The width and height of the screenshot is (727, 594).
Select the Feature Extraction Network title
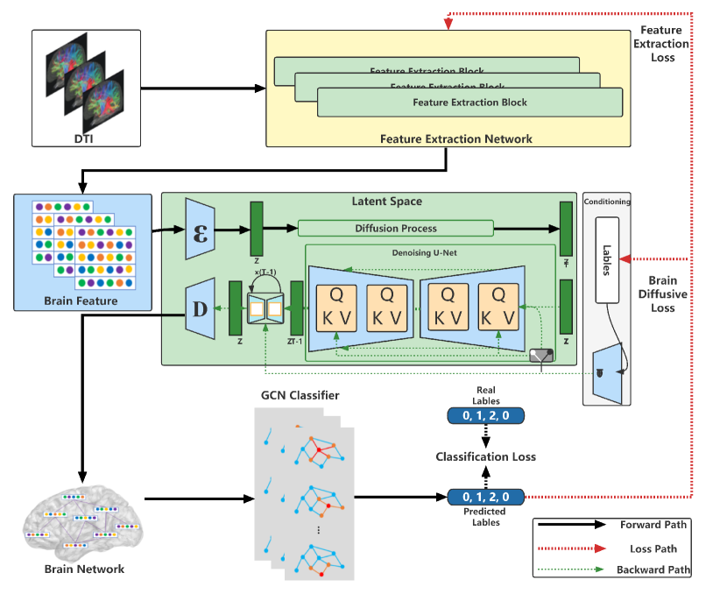(x=456, y=138)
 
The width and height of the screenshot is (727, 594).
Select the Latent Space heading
(x=385, y=202)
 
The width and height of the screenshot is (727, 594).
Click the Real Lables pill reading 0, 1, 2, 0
(x=485, y=415)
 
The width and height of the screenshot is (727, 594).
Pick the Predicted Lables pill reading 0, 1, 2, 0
(x=485, y=498)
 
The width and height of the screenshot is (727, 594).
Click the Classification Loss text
(x=486, y=456)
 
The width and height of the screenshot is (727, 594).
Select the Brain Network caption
(x=84, y=569)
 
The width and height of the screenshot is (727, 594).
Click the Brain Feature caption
(x=81, y=301)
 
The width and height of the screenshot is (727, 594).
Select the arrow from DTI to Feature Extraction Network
(x=202, y=88)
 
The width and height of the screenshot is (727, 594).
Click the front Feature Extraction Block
(x=469, y=102)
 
